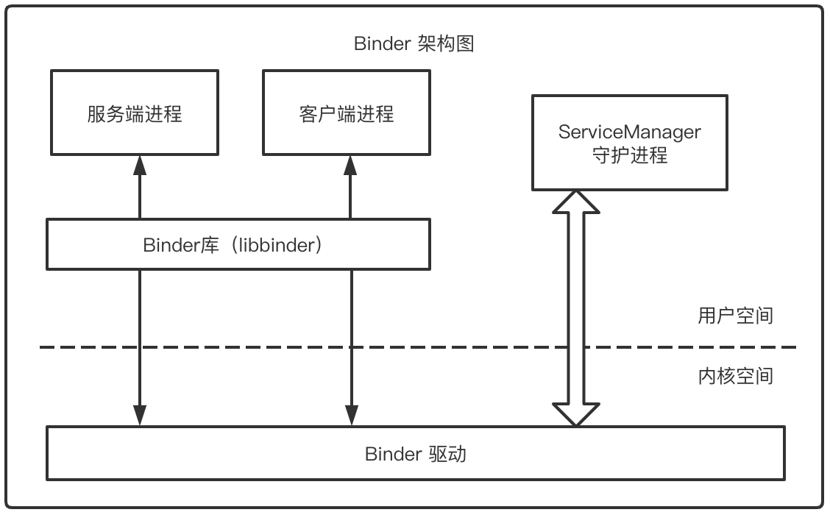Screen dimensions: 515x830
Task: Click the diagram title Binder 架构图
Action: point(414,44)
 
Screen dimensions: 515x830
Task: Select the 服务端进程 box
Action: point(134,113)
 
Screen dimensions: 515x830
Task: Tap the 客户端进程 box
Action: point(347,113)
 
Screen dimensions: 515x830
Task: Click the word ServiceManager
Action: point(629,132)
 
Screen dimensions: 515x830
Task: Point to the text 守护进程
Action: point(629,156)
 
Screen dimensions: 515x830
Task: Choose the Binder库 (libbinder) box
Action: point(238,244)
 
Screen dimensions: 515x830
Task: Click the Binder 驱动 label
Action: point(415,453)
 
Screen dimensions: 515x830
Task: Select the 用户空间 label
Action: point(735,316)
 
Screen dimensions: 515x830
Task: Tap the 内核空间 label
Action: point(735,376)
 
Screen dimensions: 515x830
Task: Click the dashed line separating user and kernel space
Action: point(294,347)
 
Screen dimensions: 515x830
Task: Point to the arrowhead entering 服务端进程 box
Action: point(140,165)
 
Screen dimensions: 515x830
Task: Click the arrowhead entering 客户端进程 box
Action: point(350,165)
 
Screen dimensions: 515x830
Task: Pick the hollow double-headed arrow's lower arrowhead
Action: point(576,414)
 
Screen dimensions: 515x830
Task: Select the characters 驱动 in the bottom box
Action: point(447,453)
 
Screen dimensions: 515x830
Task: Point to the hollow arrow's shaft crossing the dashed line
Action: point(576,347)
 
